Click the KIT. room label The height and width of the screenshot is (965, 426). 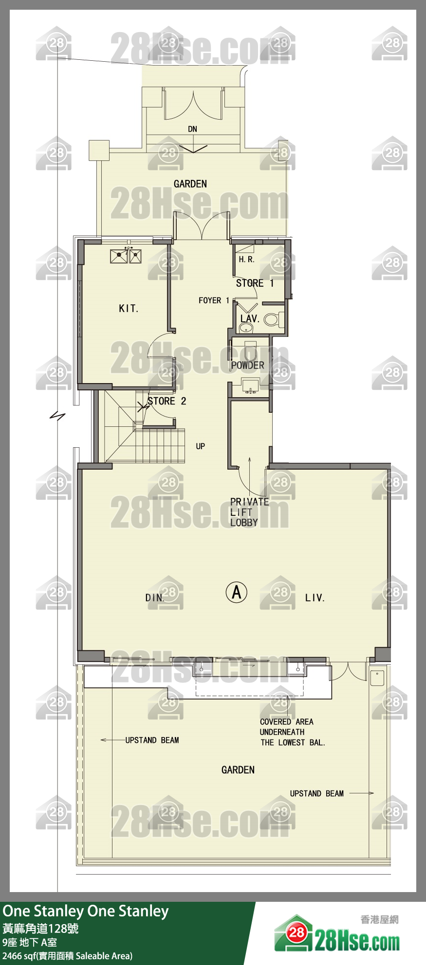(x=129, y=308)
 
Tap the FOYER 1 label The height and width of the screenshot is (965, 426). (x=214, y=300)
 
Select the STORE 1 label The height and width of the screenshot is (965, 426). (x=255, y=283)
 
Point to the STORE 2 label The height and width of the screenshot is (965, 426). (x=167, y=401)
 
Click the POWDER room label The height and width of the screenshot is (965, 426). (x=247, y=365)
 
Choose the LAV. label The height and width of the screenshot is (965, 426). (x=249, y=319)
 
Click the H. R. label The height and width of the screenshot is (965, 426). (x=246, y=260)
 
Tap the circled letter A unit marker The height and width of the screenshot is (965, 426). (x=237, y=592)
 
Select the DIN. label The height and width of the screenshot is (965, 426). (x=155, y=598)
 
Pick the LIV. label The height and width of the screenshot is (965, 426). (x=315, y=598)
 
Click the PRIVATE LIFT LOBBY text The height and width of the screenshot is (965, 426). (x=249, y=512)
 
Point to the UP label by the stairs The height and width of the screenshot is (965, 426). (x=201, y=446)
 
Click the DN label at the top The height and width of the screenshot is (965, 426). (x=193, y=129)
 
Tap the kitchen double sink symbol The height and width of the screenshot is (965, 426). (x=126, y=256)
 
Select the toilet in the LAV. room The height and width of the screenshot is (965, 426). (x=272, y=319)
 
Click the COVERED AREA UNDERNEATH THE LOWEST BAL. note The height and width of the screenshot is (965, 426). (x=292, y=732)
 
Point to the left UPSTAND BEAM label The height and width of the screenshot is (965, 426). (x=152, y=740)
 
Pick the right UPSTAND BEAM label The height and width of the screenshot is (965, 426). (x=317, y=793)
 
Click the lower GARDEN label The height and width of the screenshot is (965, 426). (x=238, y=770)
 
